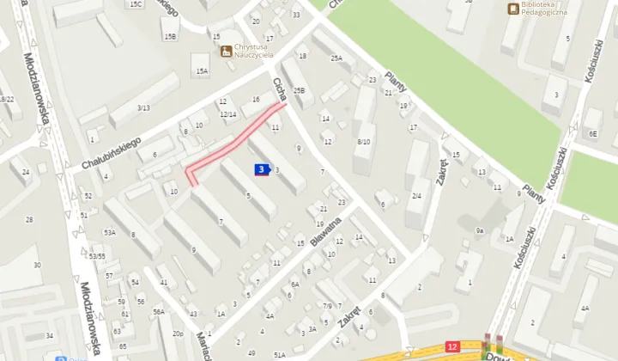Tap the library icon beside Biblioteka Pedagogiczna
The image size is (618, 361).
(513, 9)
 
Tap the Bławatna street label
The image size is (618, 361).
(327, 231)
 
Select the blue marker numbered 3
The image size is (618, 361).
(261, 170)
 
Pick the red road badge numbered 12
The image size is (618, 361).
(453, 346)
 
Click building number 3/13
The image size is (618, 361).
(143, 107)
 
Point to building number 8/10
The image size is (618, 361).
(364, 141)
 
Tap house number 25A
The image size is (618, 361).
(336, 58)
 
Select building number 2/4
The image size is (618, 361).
(416, 196)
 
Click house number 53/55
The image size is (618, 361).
(97, 255)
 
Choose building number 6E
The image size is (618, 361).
(592, 134)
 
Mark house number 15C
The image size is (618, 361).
(136, 4)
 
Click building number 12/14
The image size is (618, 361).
(227, 114)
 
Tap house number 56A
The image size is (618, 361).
(159, 311)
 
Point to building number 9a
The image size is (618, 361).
(481, 230)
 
